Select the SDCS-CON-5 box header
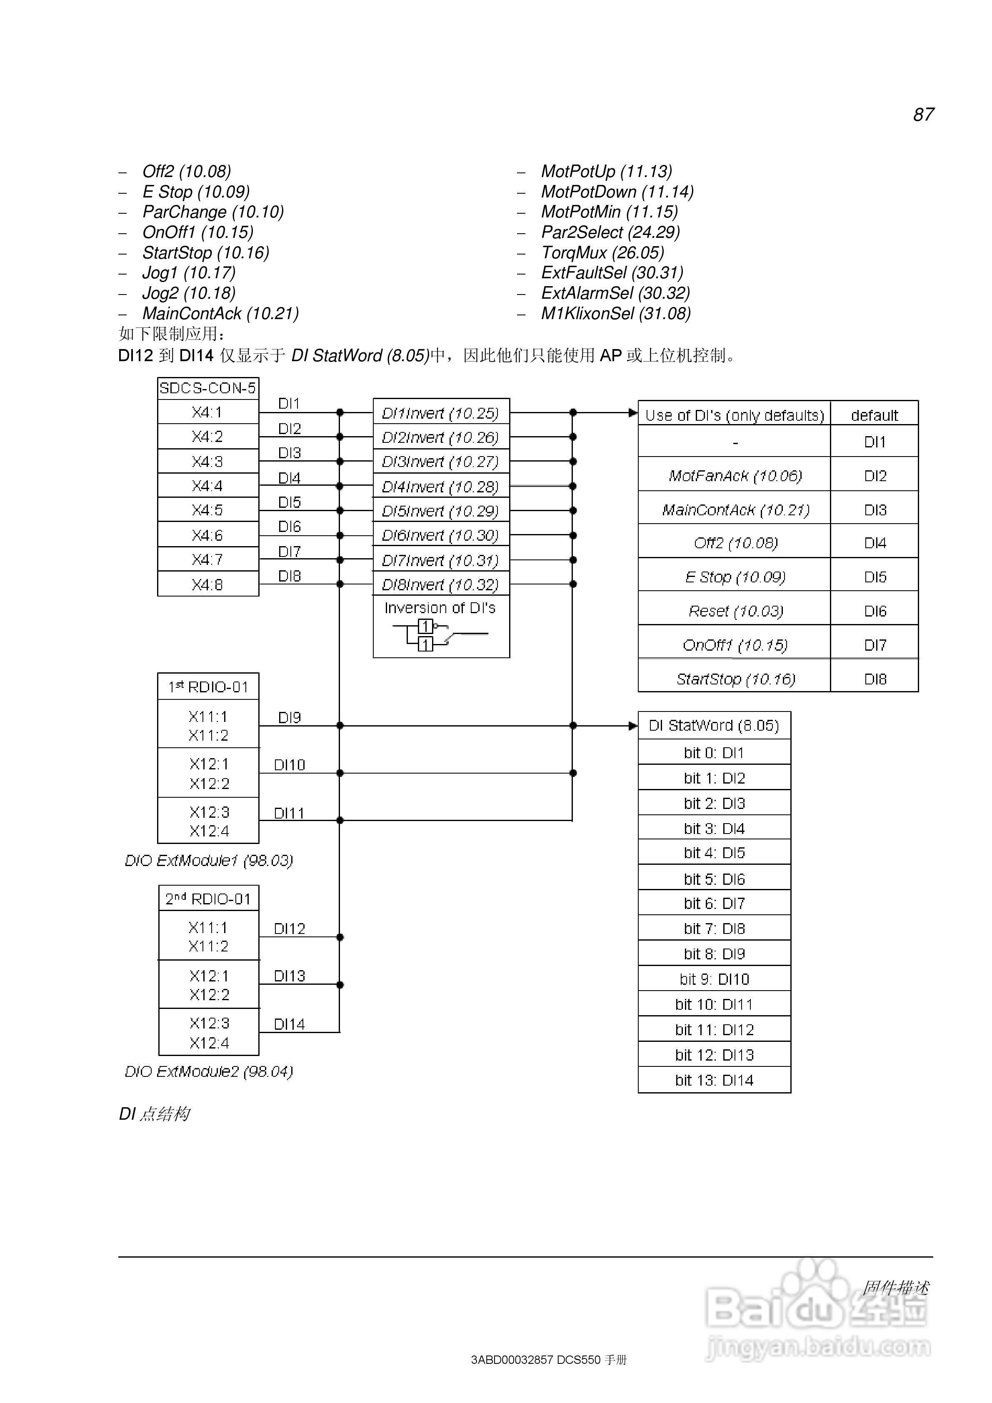point(208,388)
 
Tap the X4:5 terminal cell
point(208,509)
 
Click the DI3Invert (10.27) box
point(441,462)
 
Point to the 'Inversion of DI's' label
point(440,608)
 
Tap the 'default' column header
point(874,415)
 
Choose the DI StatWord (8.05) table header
point(714,725)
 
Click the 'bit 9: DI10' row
point(714,979)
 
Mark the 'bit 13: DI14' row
point(714,1080)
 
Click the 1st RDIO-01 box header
point(208,687)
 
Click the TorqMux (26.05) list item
point(602,252)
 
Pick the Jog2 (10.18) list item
point(189,293)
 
